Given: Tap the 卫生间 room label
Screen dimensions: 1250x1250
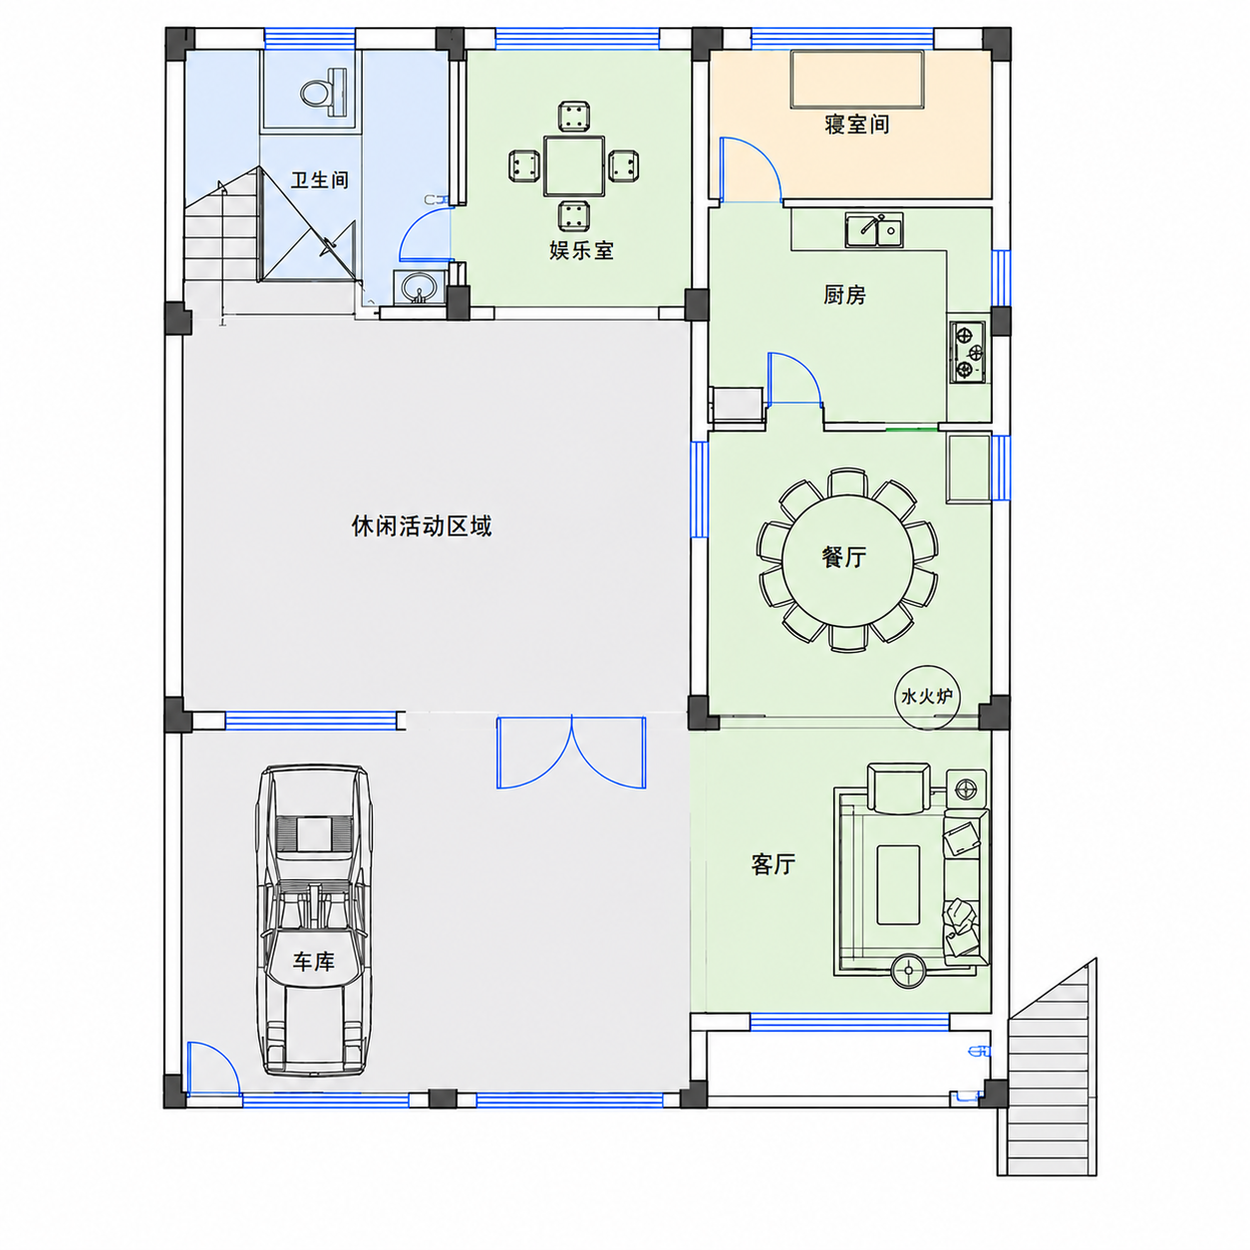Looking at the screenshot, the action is [x=319, y=179].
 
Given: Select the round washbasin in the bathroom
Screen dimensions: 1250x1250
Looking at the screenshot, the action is [x=419, y=287].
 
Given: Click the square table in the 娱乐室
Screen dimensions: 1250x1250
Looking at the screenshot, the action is [x=573, y=165].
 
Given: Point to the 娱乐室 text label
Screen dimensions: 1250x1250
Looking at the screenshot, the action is [x=581, y=250].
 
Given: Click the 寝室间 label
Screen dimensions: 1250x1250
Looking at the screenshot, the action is [x=856, y=124].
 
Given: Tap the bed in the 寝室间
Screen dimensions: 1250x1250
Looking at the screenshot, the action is [x=857, y=79].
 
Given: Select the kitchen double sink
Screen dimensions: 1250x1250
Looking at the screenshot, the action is [x=874, y=230].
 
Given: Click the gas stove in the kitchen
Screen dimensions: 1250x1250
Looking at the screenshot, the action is [x=968, y=352].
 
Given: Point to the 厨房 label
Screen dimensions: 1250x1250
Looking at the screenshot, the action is [x=844, y=295].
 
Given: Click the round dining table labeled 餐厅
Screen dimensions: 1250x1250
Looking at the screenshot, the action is [x=847, y=560].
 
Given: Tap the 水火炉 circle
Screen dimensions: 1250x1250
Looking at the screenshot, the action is [x=926, y=697].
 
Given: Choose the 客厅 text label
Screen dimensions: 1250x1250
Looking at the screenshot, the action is [x=774, y=864].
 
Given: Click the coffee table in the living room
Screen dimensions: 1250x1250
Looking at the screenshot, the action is [x=898, y=884].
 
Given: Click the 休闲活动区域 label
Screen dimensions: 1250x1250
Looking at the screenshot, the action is [x=422, y=525].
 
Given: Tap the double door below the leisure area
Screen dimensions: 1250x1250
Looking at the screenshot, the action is [x=571, y=753].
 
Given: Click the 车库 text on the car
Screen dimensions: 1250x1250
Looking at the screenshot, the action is [x=313, y=962].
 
